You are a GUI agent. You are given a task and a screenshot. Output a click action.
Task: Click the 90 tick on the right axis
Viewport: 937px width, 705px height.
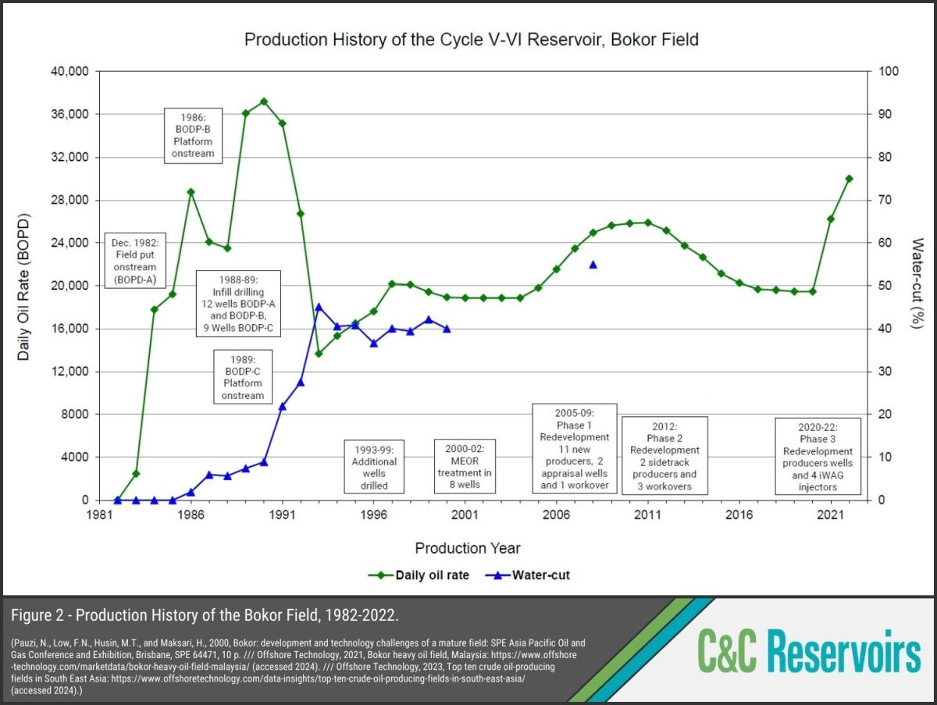889,114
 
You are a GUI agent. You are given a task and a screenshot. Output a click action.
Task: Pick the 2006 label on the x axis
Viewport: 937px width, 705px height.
556,515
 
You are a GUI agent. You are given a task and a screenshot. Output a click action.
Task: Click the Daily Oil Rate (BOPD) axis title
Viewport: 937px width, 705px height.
24,285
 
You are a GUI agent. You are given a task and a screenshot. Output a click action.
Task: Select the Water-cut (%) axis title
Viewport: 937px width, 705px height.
917,285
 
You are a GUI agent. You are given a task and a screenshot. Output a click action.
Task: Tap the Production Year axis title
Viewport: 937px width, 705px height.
467,548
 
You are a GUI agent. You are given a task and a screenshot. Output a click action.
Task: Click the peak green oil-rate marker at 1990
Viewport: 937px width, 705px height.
264,101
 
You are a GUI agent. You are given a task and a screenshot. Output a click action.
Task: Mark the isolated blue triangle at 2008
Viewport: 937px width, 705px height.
593,265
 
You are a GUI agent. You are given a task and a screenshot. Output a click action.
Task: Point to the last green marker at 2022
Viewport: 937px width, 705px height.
849,178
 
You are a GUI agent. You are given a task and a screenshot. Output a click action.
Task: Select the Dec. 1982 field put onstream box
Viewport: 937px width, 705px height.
135,261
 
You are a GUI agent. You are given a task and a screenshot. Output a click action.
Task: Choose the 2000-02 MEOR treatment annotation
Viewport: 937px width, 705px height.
465,466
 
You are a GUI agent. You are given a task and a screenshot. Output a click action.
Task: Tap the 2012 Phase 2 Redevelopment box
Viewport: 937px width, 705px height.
665,455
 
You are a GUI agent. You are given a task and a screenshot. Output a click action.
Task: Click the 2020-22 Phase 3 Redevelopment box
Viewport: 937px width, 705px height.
818,456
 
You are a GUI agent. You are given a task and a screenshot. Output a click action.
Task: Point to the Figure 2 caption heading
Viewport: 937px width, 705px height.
205,615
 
